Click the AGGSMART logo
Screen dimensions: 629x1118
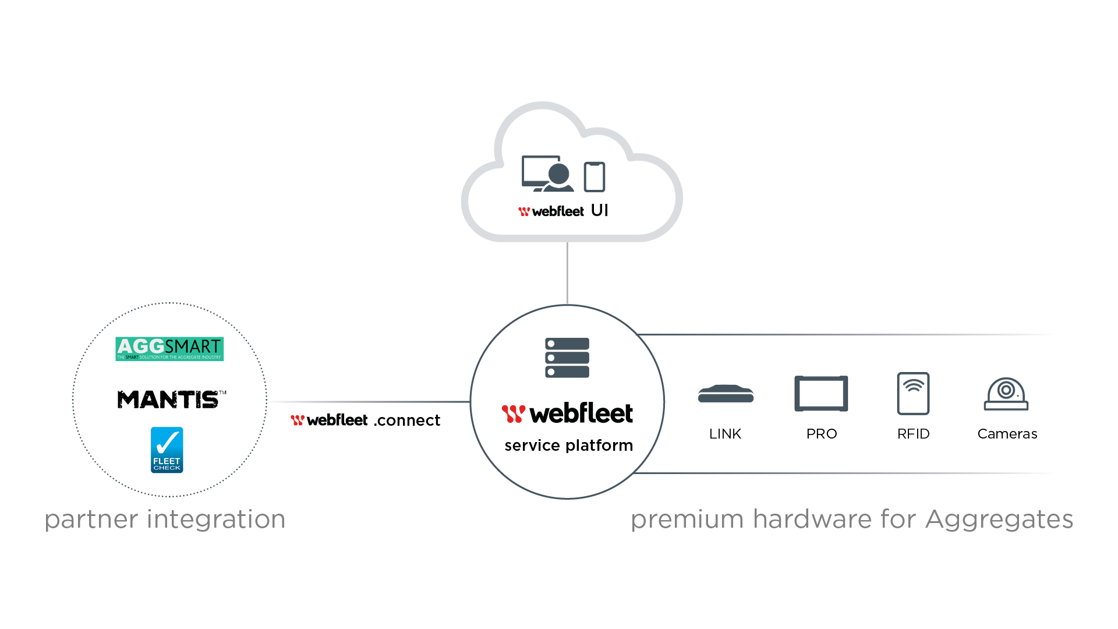(169, 348)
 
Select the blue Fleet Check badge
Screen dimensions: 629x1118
(167, 450)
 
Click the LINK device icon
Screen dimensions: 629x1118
(726, 394)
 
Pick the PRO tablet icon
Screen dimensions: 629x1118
(821, 394)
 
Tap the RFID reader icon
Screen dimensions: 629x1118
(913, 393)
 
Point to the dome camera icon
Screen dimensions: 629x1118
(1006, 394)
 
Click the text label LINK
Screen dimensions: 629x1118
(725, 434)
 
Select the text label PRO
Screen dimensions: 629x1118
(821, 434)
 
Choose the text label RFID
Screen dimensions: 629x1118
(913, 434)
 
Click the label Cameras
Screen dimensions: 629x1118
(1007, 434)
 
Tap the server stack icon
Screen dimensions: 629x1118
(567, 358)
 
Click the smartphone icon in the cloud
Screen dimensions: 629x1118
(595, 176)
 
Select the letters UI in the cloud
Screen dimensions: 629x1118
(599, 210)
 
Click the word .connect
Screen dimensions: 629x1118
(407, 420)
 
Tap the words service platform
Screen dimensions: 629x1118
(568, 446)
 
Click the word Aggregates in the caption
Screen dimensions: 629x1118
(999, 519)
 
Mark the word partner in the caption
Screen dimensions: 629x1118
(91, 520)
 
